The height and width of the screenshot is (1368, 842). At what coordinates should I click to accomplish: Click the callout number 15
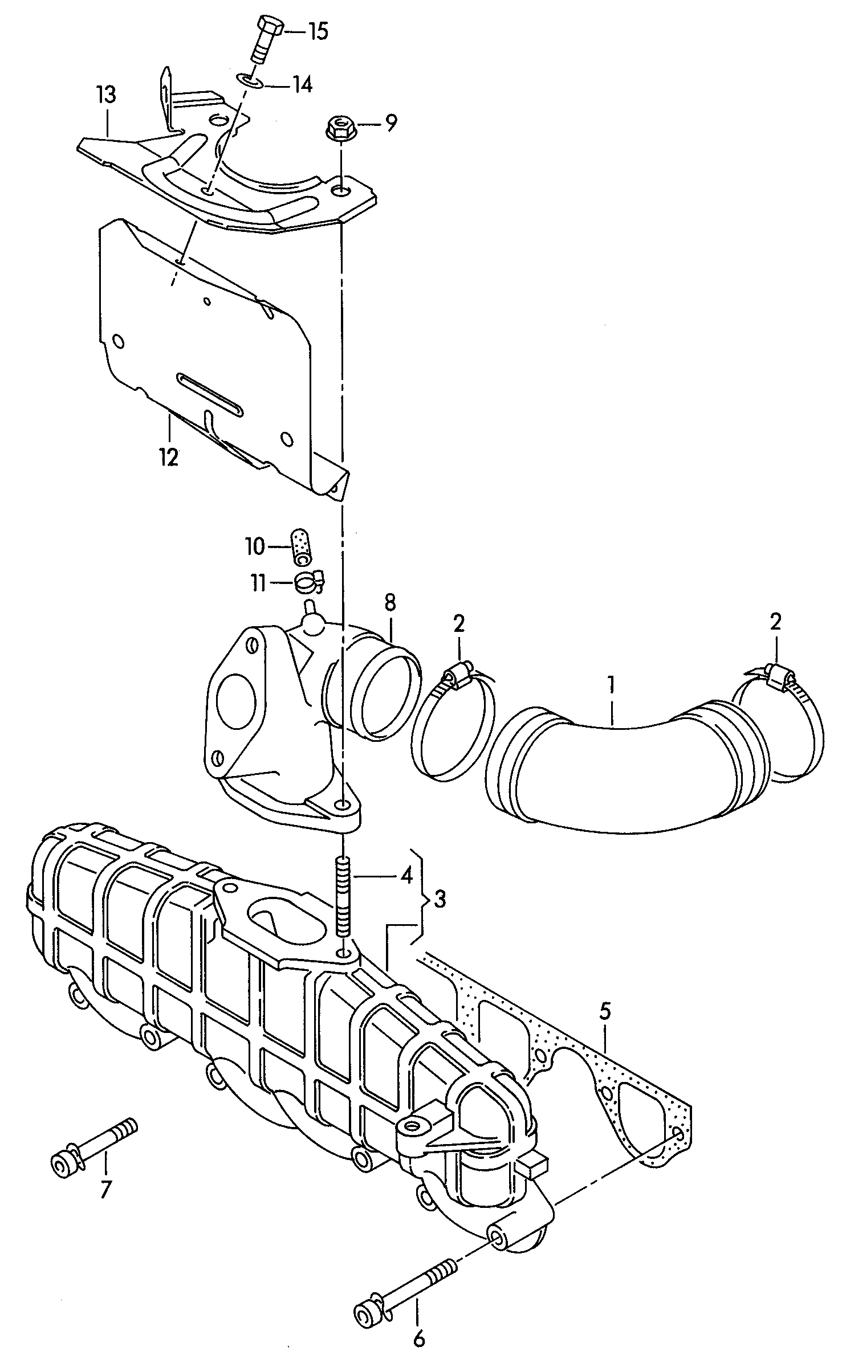click(318, 32)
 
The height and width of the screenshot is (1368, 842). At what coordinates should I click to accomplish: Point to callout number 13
click(106, 95)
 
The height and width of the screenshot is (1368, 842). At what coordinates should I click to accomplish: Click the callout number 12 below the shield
click(169, 457)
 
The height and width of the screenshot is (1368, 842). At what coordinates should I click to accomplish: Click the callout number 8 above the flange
click(390, 602)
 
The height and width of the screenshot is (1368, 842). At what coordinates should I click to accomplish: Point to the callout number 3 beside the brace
click(440, 899)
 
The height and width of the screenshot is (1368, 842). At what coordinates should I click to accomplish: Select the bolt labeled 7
click(94, 1146)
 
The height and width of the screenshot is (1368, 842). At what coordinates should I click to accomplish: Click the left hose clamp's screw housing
click(459, 676)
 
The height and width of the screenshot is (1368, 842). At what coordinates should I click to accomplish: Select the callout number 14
click(303, 84)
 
